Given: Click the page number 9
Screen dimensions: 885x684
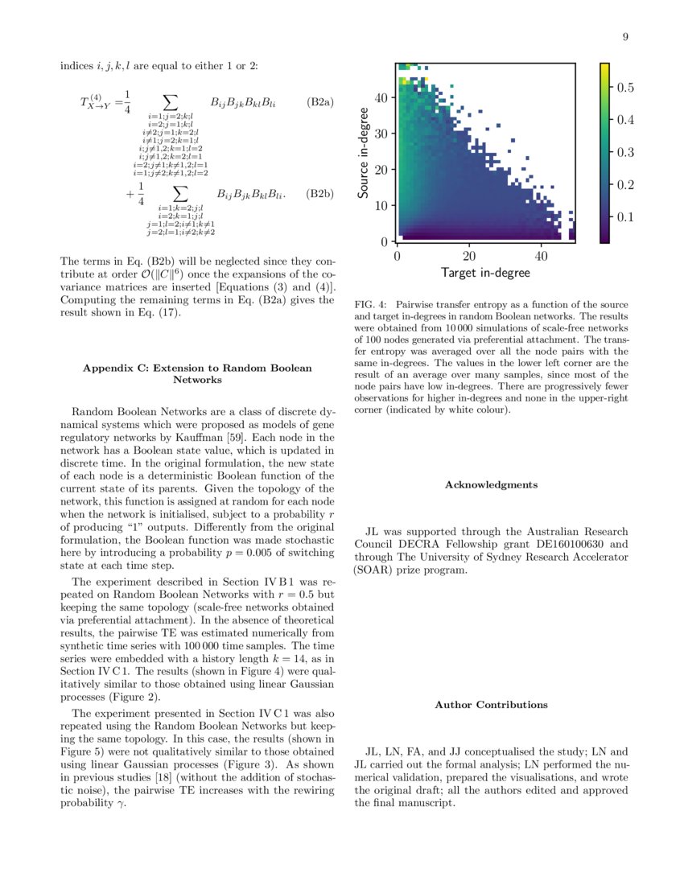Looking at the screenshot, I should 625,36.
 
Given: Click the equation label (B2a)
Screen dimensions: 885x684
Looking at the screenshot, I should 320,102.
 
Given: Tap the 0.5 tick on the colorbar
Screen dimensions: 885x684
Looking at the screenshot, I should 625,87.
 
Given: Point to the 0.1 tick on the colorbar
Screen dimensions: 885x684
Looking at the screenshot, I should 625,217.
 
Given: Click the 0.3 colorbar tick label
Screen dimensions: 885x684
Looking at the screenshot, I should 625,152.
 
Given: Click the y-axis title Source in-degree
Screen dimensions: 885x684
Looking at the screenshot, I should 365,153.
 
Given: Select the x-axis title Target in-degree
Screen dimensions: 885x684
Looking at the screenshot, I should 485,273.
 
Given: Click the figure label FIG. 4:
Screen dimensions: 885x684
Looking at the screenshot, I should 370,305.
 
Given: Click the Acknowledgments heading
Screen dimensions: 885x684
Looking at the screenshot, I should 491,485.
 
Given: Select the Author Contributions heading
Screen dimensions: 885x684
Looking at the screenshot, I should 491,705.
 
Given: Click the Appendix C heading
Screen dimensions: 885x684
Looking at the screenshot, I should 197,373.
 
